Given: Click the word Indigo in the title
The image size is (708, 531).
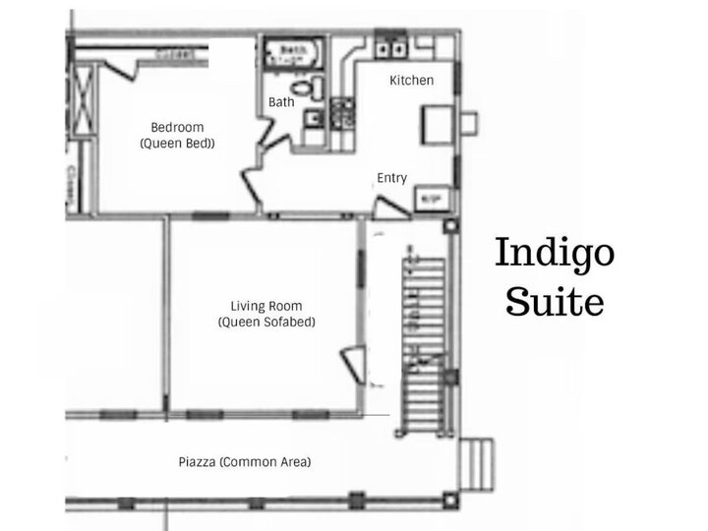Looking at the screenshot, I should click(x=555, y=255).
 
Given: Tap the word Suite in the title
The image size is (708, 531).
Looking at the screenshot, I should click(x=555, y=302).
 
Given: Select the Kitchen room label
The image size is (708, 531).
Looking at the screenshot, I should click(x=411, y=81).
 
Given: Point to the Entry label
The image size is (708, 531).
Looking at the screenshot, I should click(x=391, y=178).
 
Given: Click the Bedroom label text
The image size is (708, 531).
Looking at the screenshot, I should click(x=177, y=127).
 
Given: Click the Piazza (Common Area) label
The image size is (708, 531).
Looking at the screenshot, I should click(x=245, y=461).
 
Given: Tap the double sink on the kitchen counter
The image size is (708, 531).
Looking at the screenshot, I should click(x=392, y=45).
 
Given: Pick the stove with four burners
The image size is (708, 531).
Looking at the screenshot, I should click(x=343, y=116).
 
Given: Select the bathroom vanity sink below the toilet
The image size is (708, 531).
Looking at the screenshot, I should click(x=311, y=120).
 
